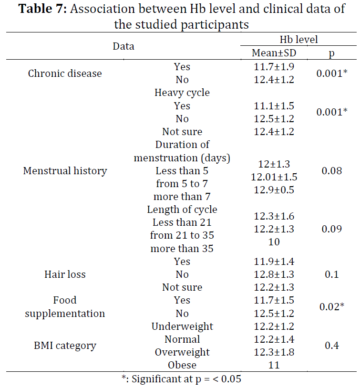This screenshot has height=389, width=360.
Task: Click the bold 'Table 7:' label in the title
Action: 42,9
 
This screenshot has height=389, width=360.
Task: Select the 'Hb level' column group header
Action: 298,40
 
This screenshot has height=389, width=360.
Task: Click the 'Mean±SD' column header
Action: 274,53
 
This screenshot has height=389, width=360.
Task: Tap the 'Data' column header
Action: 123,46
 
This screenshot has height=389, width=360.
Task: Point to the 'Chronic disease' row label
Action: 65,74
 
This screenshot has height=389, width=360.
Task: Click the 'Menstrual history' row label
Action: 65,171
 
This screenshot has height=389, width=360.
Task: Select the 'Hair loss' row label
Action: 65,274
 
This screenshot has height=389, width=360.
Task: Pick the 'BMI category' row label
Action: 65,346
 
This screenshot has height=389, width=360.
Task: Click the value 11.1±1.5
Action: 274,106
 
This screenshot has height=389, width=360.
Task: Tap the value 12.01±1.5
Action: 274,177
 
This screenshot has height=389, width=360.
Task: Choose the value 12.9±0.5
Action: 274,190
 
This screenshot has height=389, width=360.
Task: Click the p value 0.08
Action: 332,171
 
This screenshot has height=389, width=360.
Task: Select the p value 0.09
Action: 332,229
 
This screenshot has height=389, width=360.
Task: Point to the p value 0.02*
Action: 332,306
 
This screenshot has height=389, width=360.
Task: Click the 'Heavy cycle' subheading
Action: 182,93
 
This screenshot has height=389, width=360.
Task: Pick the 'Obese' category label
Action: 182,365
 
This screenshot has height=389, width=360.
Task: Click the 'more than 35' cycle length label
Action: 182,249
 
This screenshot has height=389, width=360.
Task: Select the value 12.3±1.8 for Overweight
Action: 274,352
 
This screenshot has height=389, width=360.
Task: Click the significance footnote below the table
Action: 181,379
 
